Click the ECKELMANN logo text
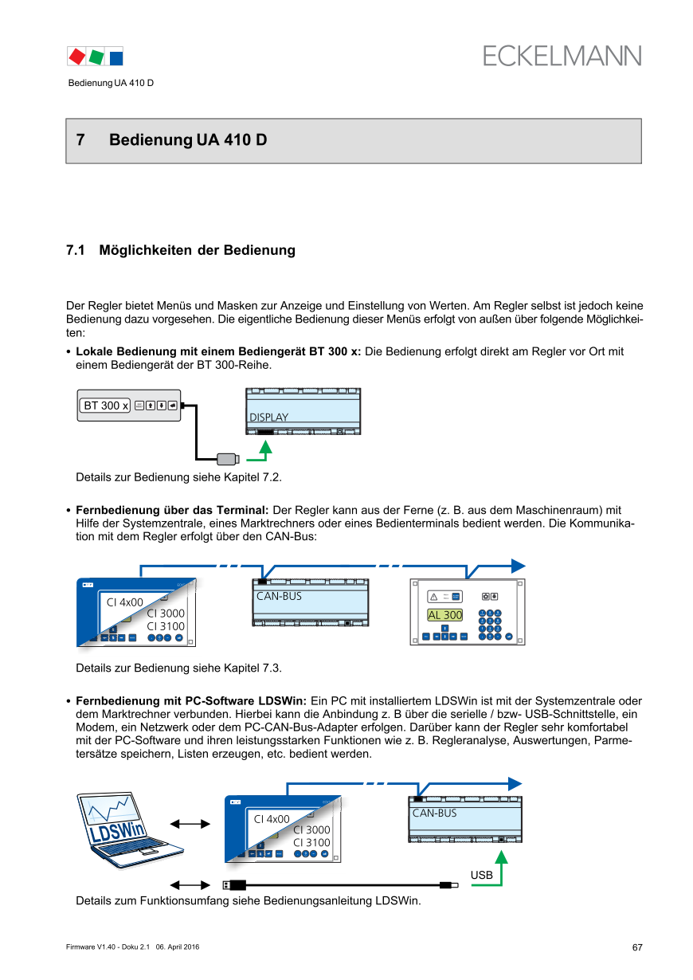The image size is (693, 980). (x=562, y=57)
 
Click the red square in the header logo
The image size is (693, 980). (x=77, y=57)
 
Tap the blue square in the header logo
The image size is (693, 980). (x=116, y=57)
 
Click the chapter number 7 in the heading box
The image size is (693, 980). (x=80, y=140)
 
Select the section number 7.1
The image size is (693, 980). (x=76, y=250)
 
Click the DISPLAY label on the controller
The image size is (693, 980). (x=269, y=417)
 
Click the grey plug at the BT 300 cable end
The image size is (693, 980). (x=229, y=458)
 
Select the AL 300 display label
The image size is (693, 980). (x=444, y=615)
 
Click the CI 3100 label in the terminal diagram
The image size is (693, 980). (x=166, y=626)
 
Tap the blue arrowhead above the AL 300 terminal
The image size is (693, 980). (x=517, y=566)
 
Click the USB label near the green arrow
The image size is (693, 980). (x=481, y=875)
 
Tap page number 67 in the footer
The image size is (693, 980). (x=637, y=947)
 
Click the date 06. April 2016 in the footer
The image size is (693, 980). (x=178, y=947)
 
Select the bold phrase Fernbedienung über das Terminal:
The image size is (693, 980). (x=172, y=510)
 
